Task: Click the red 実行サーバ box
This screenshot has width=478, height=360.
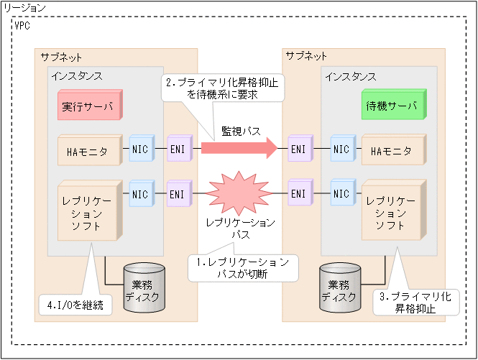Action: (88, 107)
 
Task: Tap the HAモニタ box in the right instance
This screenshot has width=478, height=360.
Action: (392, 151)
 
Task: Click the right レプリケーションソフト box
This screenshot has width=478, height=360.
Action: (392, 211)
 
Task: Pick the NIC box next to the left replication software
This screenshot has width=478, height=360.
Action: (140, 194)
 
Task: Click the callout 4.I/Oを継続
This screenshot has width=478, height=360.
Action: (75, 305)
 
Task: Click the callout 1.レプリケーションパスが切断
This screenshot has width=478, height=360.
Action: (243, 268)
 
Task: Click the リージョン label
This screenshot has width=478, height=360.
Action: (24, 7)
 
